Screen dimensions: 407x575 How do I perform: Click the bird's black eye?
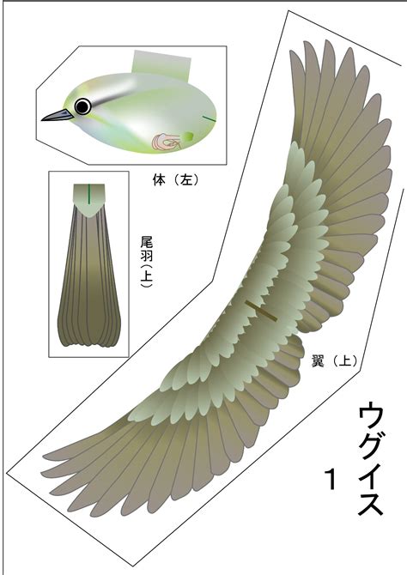[x=82, y=106]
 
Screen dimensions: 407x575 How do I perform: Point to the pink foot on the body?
[x=167, y=142]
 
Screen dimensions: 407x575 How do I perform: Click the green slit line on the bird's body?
[x=210, y=118]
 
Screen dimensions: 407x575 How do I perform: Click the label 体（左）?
[x=175, y=179]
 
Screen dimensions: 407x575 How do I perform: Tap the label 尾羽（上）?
[x=147, y=262]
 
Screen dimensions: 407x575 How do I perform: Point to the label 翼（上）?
[x=334, y=361]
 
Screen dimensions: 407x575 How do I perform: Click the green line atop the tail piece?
[x=88, y=194]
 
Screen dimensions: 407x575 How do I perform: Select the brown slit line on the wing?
[x=261, y=311]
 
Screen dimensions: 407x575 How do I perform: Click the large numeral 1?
[x=331, y=479]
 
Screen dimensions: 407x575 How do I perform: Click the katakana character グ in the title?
[x=371, y=448]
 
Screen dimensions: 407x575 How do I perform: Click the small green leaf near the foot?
[x=188, y=136]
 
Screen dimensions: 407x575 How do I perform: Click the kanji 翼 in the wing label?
[x=317, y=361]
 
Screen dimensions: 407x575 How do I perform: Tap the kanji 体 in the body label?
[x=159, y=179]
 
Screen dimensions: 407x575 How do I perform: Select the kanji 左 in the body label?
[x=186, y=179]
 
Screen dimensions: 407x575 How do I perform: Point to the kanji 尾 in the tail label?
[x=147, y=242]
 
